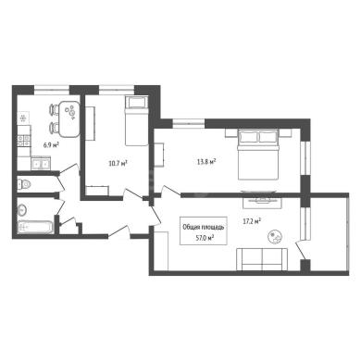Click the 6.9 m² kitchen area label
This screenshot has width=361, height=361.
pyautogui.click(x=52, y=144)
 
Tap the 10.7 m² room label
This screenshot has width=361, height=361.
pyautogui.click(x=118, y=163)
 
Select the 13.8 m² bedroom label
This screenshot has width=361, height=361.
pyautogui.click(x=206, y=161)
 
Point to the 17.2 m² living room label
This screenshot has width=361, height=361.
pyautogui.click(x=252, y=221)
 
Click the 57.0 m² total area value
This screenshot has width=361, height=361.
pyautogui.click(x=203, y=238)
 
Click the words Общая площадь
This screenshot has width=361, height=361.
pyautogui.click(x=204, y=228)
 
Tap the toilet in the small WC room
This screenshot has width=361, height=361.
pyautogui.click(x=25, y=184)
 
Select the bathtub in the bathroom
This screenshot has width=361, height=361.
pyautogui.click(x=36, y=228)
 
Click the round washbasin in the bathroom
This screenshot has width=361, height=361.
pyautogui.click(x=22, y=210)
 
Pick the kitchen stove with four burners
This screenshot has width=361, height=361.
pyautogui.click(x=24, y=141)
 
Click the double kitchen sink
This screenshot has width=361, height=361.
pyautogui.click(x=41, y=164)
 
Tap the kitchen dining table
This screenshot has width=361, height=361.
pyautogui.click(x=69, y=119)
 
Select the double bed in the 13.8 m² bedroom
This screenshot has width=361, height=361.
pyautogui.click(x=258, y=154)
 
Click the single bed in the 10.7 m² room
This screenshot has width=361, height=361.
pyautogui.click(x=136, y=121)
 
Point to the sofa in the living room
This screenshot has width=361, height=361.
pyautogui.click(x=262, y=259)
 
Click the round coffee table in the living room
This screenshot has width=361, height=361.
pyautogui.click(x=275, y=237)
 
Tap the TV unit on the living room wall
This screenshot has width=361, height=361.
pyautogui.click(x=262, y=203)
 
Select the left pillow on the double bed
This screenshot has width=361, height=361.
pyautogui.click(x=248, y=137)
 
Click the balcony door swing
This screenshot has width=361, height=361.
pyautogui.click(x=301, y=250)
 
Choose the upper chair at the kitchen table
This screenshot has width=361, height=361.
pyautogui.click(x=54, y=109)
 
